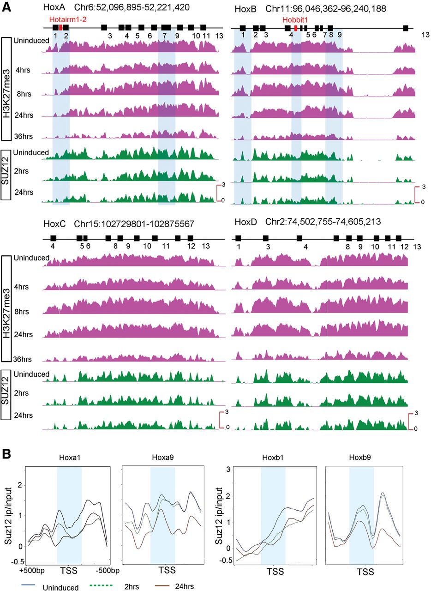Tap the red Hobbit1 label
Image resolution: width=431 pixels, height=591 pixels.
point(295,20)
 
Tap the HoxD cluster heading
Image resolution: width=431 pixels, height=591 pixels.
point(244,222)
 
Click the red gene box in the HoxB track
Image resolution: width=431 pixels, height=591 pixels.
point(295,28)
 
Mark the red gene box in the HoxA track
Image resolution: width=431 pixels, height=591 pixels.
point(60,28)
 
